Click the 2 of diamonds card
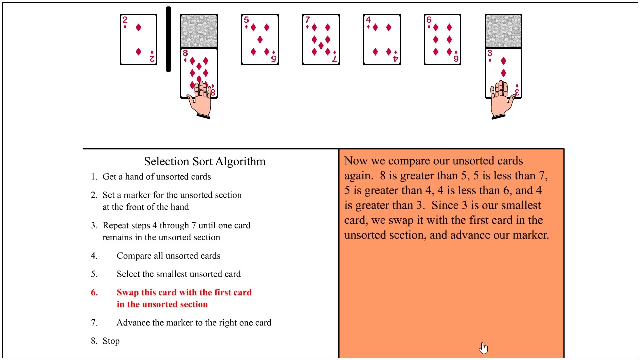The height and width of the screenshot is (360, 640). tap(138, 39)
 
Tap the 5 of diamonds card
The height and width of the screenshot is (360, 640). tap(260, 39)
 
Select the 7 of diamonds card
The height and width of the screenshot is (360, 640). tap(321, 39)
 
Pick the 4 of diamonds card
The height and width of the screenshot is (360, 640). tap(382, 39)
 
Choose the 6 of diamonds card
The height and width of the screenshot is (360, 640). tap(442, 39)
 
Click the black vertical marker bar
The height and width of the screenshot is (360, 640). tap(169, 39)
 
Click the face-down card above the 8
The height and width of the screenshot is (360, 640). tap(199, 31)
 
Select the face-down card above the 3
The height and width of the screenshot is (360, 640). tap(503, 31)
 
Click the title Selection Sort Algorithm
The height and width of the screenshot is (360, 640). tap(205, 161)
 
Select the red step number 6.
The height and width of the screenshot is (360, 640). tap(94, 292)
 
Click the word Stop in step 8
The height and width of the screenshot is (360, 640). tap(111, 341)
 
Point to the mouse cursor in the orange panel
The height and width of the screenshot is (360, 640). tap(484, 348)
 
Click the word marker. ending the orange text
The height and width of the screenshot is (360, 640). tap(531, 235)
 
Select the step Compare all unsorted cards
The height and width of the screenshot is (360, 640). tap(168, 256)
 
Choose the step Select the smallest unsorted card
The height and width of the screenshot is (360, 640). tap(179, 274)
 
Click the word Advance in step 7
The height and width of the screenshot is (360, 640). tap(133, 323)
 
